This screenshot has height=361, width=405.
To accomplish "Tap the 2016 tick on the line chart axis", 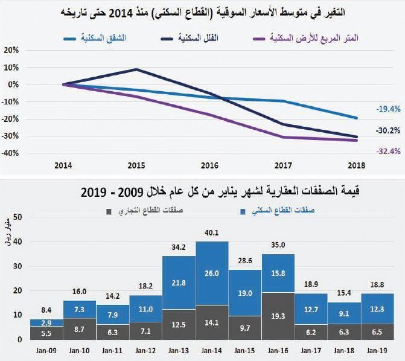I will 209,165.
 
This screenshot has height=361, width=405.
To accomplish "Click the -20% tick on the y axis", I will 11,118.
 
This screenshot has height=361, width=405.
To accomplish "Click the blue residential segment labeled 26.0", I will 212,273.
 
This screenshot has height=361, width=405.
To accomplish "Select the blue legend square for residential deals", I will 241,211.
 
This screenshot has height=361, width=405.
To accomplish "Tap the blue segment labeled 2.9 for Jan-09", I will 46,324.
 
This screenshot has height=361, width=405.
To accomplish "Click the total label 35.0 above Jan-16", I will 278,245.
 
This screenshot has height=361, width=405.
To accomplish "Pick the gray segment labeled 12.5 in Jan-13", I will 179,325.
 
